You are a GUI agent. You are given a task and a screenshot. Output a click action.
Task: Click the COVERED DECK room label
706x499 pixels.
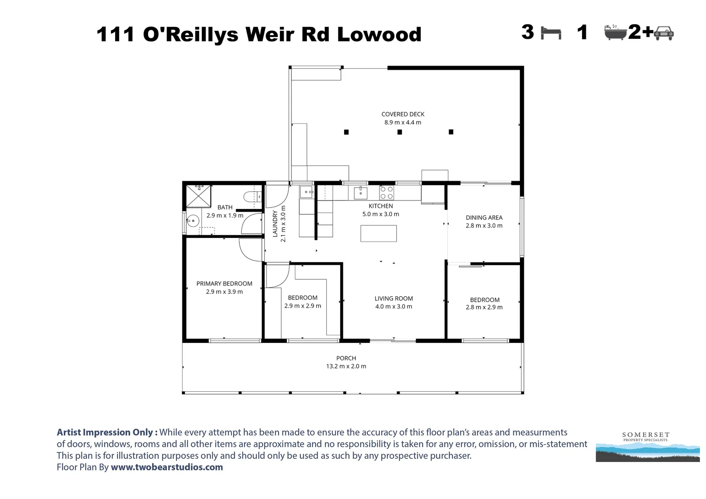pos(402,114)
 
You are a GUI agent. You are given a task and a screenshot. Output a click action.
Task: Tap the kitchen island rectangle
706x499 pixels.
pos(378,233)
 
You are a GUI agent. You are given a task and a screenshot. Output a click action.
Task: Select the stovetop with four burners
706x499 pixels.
pos(386,193)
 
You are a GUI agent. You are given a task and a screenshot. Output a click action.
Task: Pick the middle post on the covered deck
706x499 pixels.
pos(400,132)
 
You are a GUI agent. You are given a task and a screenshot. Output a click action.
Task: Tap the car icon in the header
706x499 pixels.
pos(664,32)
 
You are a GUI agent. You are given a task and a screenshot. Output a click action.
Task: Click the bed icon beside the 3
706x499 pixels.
pos(551,33)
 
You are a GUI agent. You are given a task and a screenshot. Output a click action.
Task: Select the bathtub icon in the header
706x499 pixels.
pos(615,32)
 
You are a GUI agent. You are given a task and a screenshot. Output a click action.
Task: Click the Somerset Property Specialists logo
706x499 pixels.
pos(647,446)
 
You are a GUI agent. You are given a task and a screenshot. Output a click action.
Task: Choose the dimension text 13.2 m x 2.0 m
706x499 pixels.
pos(346,366)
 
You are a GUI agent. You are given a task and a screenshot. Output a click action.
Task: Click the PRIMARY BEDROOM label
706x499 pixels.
pos(224,284)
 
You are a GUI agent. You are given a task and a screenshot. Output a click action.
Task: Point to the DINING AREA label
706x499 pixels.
pos(484,218)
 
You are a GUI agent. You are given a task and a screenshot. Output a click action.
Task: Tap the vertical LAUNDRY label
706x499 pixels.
pos(275,224)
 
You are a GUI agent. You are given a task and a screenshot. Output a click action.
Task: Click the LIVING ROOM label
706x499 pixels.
pos(394,298)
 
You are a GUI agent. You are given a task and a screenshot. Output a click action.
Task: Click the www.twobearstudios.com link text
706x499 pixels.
pos(167,467)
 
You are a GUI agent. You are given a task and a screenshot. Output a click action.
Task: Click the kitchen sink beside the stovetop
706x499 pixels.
pos(360,192)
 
